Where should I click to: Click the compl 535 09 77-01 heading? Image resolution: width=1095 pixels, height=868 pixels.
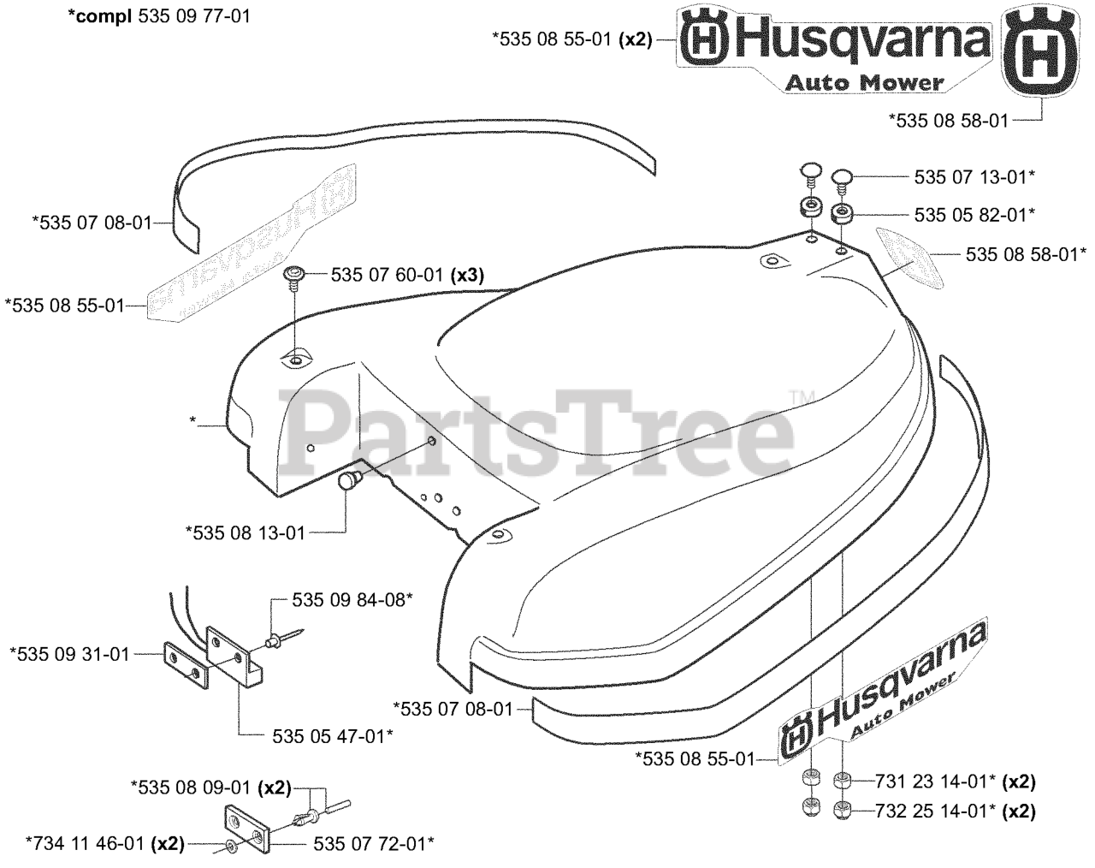159,15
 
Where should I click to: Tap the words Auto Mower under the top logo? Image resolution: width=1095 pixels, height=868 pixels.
864,83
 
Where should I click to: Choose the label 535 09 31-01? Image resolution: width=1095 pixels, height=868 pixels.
69,654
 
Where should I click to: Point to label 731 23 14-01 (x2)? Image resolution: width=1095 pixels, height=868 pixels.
956,781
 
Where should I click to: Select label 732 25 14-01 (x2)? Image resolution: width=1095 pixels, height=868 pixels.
956,808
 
